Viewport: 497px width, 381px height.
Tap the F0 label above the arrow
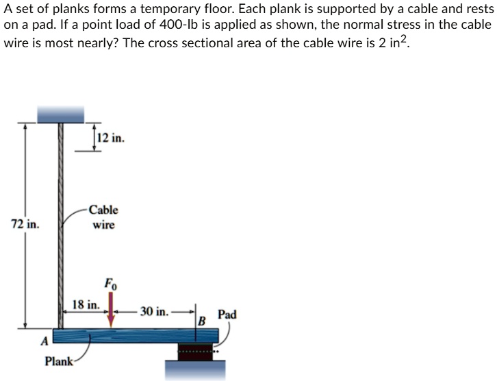110,283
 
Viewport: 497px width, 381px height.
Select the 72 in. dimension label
25,223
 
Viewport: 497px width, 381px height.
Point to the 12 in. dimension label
110,138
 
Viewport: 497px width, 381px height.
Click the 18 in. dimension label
86,304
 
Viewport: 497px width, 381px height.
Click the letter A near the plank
44,340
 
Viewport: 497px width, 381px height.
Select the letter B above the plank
201,321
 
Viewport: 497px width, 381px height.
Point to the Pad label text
227,315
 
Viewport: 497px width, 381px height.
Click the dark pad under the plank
195,352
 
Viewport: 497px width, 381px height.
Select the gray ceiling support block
60,114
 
